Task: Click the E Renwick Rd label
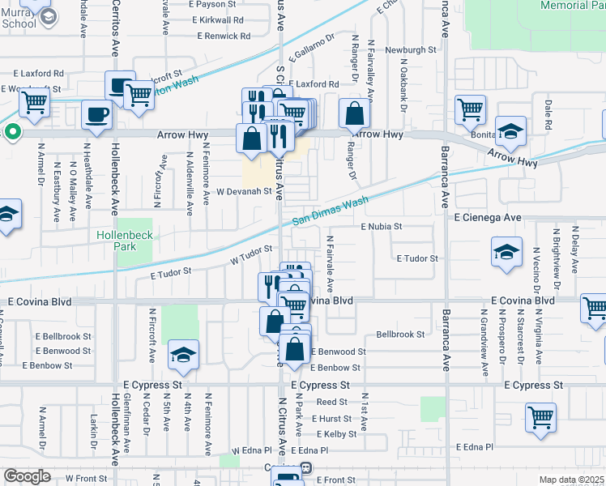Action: click(x=224, y=36)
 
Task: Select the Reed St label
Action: click(x=331, y=402)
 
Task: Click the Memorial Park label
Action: click(x=572, y=5)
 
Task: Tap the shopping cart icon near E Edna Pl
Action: click(x=540, y=418)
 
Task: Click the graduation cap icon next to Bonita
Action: click(x=511, y=130)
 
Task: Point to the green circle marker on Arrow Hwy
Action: click(x=12, y=131)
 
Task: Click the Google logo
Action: click(x=27, y=475)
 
